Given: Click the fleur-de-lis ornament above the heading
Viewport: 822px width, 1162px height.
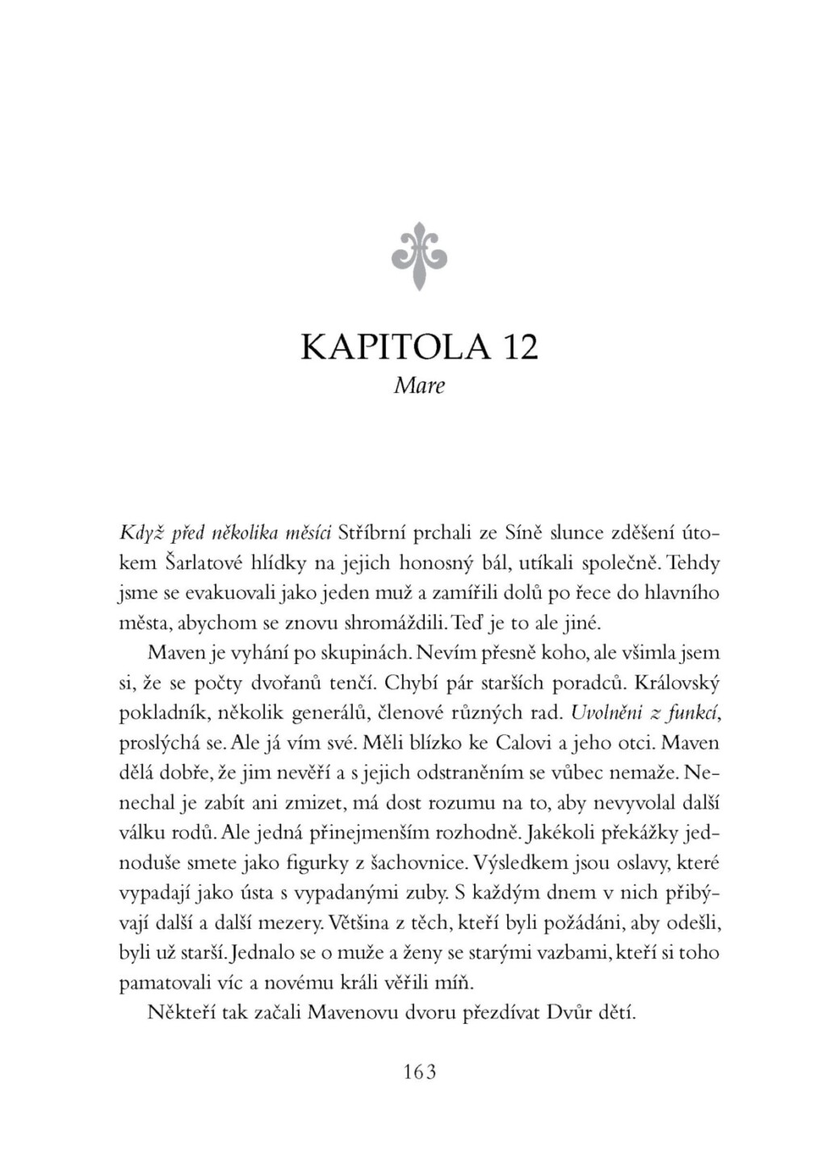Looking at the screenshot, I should (419, 256).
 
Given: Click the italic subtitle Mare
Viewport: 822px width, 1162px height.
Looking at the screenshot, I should (419, 386).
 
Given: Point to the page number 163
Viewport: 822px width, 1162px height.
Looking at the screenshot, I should (418, 1072).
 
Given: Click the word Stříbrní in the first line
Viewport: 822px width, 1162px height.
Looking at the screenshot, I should (372, 533).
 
